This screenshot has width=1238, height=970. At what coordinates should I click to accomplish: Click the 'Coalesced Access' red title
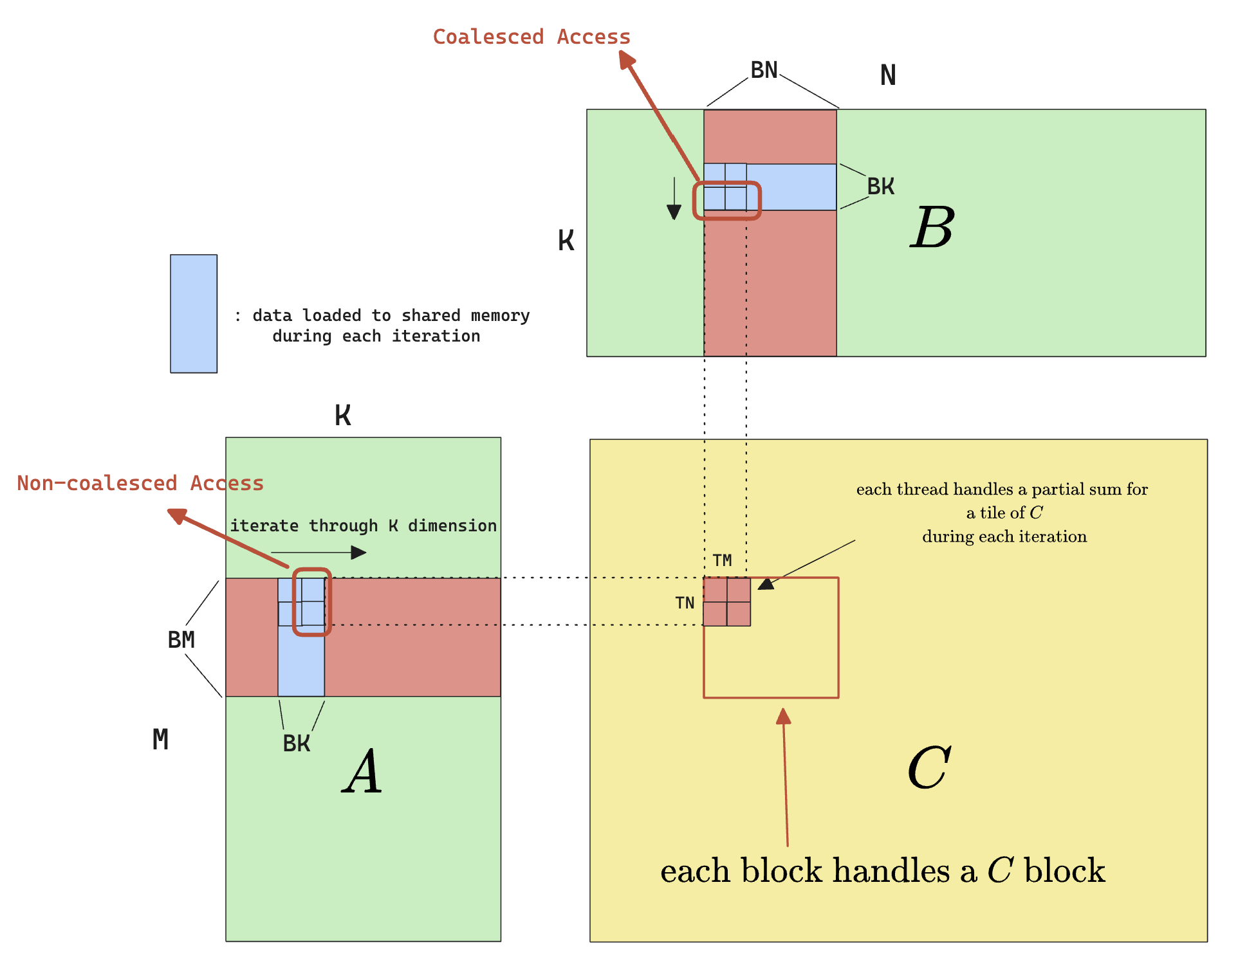[531, 37]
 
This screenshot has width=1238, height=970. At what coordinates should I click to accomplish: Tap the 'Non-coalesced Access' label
[140, 483]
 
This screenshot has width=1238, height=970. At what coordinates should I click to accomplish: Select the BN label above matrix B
[764, 70]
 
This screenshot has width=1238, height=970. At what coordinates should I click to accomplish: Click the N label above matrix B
[888, 76]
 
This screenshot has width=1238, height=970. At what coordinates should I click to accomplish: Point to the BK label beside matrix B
[880, 187]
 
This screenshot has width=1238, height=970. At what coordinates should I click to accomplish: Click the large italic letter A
[363, 771]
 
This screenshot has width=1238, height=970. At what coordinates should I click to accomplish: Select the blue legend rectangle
[194, 313]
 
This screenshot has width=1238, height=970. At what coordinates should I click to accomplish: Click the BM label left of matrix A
[181, 640]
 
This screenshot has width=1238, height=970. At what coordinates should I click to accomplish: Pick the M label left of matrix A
[160, 740]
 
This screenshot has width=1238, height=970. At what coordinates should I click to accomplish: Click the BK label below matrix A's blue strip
[297, 744]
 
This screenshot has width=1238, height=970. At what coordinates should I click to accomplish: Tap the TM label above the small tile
[722, 560]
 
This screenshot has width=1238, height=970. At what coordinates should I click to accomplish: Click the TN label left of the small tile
[685, 603]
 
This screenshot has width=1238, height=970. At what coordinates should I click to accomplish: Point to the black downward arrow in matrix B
[674, 199]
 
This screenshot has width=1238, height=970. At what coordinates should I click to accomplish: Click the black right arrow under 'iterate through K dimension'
[319, 553]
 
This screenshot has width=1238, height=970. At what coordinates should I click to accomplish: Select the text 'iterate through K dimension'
[363, 526]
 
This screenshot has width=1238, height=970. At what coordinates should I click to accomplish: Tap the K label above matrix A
[343, 416]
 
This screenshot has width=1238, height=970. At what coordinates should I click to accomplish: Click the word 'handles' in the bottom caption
[891, 871]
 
